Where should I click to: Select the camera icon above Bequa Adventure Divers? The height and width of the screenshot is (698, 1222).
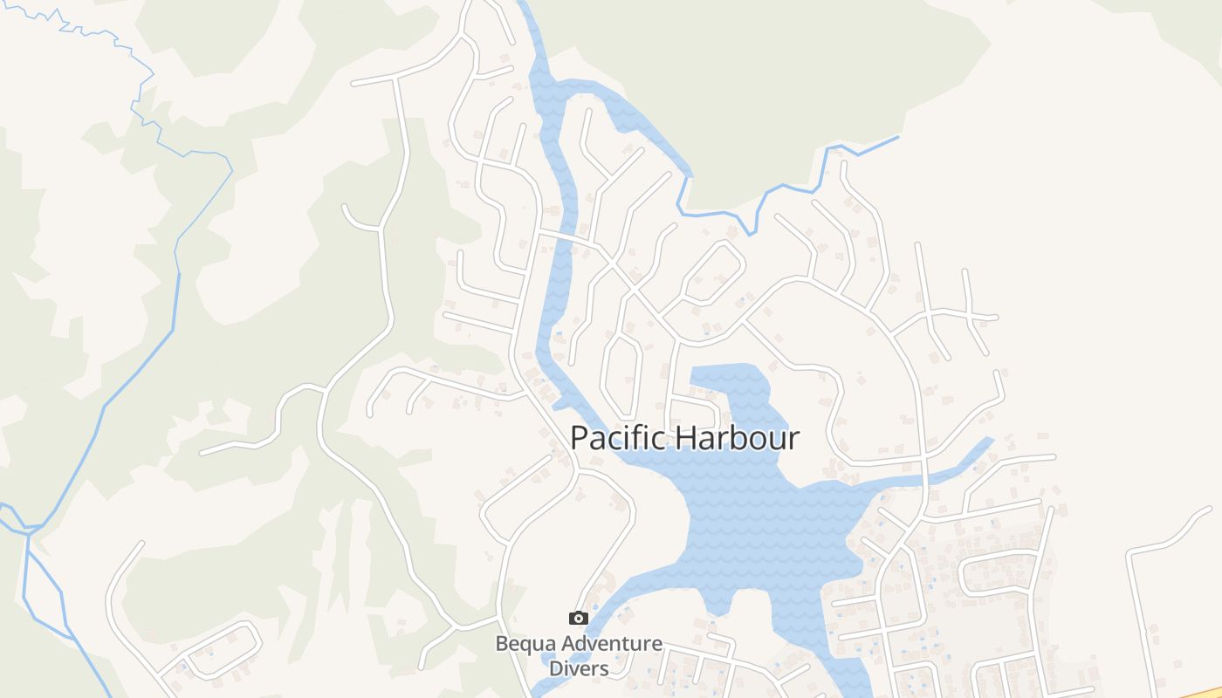pyautogui.click(x=578, y=619)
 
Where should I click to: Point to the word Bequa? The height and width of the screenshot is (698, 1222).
pyautogui.click(x=526, y=645)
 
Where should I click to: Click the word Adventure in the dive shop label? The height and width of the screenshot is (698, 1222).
pyautogui.click(x=611, y=645)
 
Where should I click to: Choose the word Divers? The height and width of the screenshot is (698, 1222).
pyautogui.click(x=578, y=668)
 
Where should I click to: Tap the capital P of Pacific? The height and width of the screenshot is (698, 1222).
pyautogui.click(x=579, y=438)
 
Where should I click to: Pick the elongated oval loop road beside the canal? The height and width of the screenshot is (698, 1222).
pyautogui.click(x=622, y=375)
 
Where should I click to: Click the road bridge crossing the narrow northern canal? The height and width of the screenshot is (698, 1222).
pyautogui.click(x=563, y=237)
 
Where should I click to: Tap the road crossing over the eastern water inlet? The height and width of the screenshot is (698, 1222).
pyautogui.click(x=923, y=479)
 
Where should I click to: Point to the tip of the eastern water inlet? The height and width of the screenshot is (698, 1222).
pyautogui.click(x=990, y=440)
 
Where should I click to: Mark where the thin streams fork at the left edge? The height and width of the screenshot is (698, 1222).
pyautogui.click(x=28, y=529)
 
